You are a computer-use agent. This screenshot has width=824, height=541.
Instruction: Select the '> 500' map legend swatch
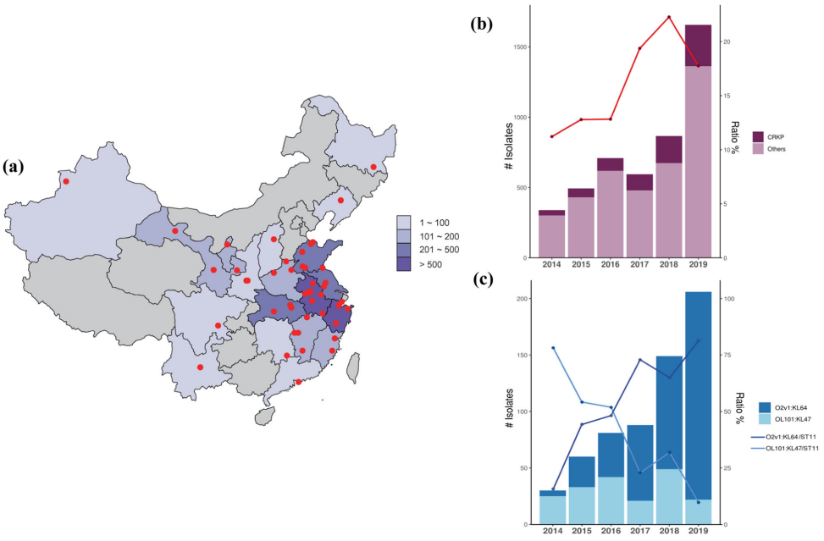point(404,265)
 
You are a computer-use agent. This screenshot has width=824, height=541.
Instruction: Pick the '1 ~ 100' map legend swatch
point(404,222)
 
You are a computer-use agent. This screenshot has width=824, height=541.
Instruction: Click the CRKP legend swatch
point(758,136)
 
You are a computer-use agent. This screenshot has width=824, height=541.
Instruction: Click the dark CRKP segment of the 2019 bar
point(698,46)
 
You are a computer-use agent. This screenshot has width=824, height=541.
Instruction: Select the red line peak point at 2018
point(669,17)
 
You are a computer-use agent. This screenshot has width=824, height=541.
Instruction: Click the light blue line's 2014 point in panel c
point(552,348)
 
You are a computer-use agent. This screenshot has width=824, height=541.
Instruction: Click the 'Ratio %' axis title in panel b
point(734,136)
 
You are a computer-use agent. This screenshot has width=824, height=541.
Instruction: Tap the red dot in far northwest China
point(66,180)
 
